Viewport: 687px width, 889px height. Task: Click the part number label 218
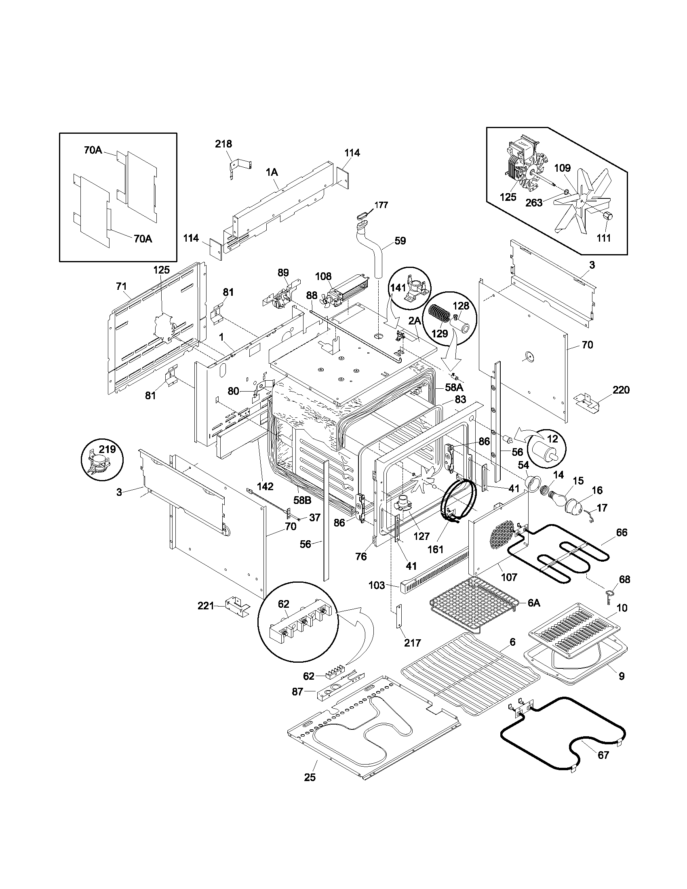(223, 144)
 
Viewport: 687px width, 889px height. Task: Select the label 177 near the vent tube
(381, 205)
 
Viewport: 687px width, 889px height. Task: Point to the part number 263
(534, 202)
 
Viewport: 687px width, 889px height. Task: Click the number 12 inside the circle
(552, 439)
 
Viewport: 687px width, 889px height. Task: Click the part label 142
(265, 486)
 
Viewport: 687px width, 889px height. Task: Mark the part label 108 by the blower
(323, 277)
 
